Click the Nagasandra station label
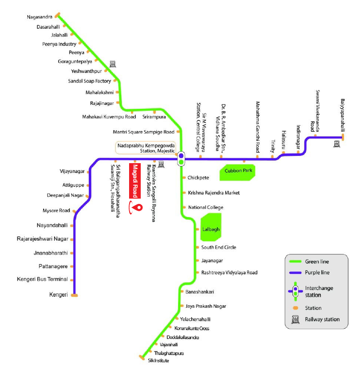point(40,17)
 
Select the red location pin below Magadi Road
point(138,207)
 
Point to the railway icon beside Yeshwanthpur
point(113,63)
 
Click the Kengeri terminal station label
point(59,295)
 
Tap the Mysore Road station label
point(56,210)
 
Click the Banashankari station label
point(200,291)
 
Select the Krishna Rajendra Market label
point(214,193)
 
